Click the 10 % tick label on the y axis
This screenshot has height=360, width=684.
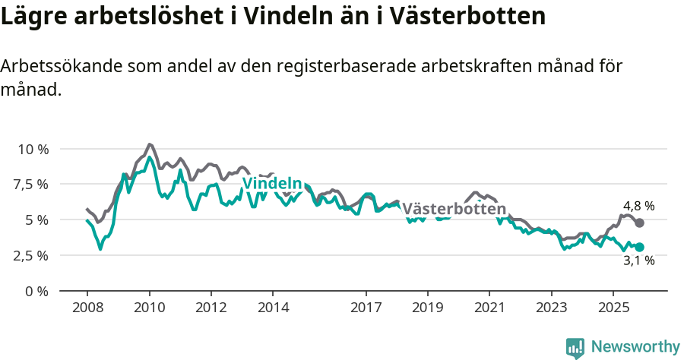tap(33, 149)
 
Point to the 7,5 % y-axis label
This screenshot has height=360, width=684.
tap(31, 185)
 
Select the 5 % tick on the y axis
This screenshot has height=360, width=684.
tap(37, 220)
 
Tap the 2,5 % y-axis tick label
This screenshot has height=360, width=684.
tap(31, 255)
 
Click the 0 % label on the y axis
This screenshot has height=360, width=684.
tap(37, 291)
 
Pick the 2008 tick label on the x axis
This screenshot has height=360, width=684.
tap(87, 309)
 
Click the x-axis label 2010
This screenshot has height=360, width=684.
tap(150, 309)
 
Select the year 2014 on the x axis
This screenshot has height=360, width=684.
tap(273, 309)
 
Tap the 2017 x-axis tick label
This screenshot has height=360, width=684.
tap(366, 309)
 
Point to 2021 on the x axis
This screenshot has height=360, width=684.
tap(489, 309)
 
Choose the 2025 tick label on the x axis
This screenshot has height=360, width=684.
tap(613, 309)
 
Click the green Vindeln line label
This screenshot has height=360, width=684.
tap(271, 183)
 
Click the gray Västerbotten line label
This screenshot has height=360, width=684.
tap(454, 209)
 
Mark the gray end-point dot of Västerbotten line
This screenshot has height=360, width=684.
tap(640, 223)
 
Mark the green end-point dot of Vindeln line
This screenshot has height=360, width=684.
tap(640, 247)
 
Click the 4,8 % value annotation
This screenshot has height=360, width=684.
tap(638, 206)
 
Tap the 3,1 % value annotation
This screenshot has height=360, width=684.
tap(638, 261)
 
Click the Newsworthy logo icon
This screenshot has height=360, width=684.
tap(575, 348)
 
